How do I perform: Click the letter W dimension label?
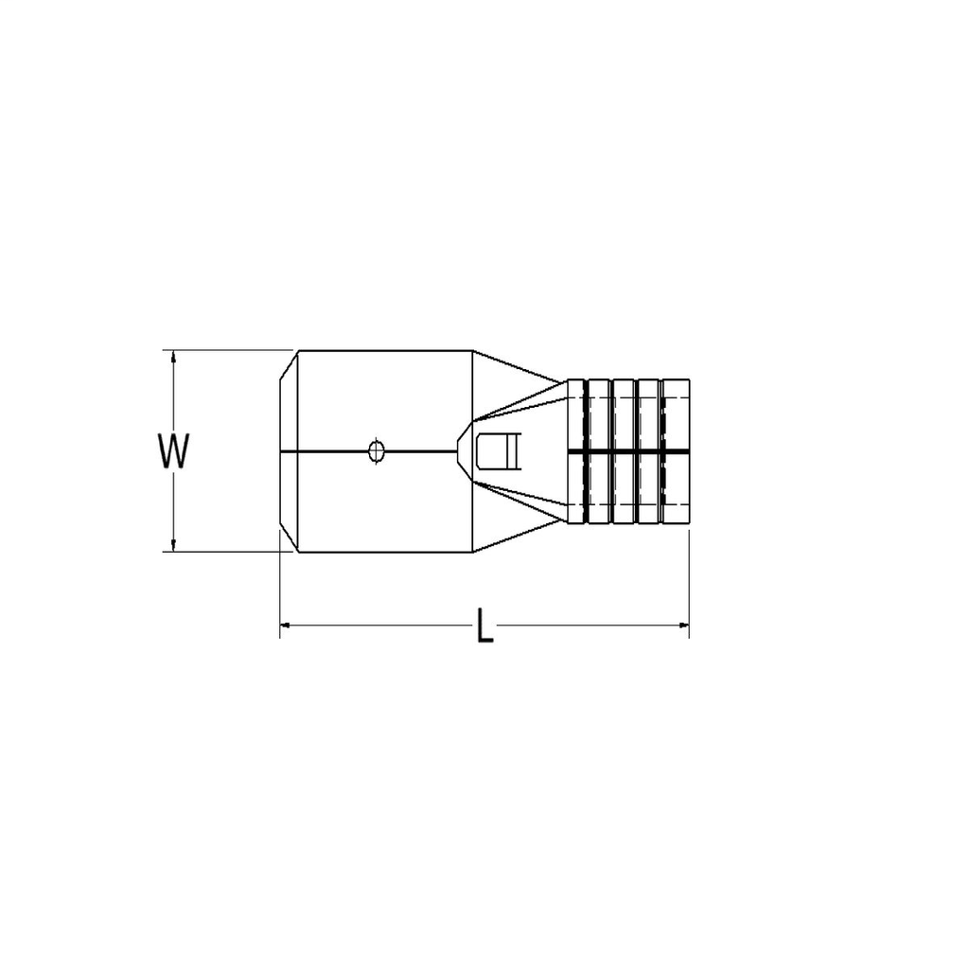point(174,451)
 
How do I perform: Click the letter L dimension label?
point(484,626)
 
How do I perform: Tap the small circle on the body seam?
point(376,451)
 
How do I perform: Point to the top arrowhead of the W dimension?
point(173,356)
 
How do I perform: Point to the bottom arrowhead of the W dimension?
point(173,545)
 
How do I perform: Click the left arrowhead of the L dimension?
point(286,625)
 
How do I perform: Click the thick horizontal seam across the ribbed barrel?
point(628,451)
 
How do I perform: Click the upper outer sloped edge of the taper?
point(516,366)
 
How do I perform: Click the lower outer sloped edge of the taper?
point(516,537)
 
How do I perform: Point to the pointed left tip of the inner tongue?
point(458,451)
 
